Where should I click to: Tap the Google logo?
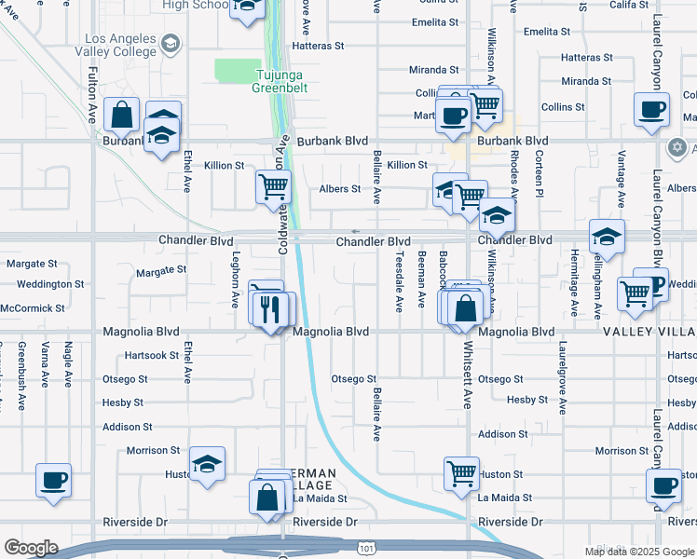click(31, 548)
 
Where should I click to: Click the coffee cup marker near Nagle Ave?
click(53, 481)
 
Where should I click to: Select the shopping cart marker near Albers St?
click(274, 186)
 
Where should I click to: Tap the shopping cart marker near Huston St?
click(461, 473)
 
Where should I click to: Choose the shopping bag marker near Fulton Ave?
click(122, 115)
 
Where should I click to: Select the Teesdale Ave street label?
click(398, 280)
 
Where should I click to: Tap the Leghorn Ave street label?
click(236, 279)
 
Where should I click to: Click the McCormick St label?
click(33, 307)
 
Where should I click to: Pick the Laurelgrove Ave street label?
click(563, 382)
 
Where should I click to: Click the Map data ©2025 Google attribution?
click(638, 552)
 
